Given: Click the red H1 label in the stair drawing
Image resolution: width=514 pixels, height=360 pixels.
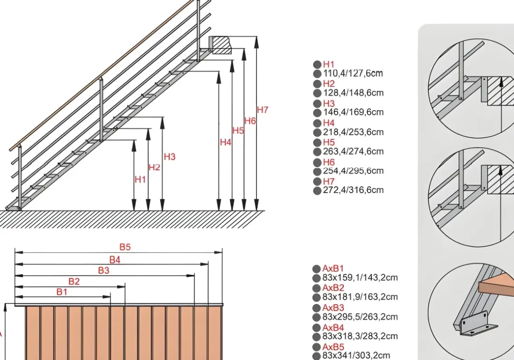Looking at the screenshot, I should pyautogui.click(x=140, y=180).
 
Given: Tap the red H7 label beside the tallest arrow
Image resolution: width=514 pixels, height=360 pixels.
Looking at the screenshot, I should pyautogui.click(x=263, y=110).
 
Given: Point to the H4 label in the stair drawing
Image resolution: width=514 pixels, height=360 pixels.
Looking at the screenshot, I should pyautogui.click(x=225, y=143).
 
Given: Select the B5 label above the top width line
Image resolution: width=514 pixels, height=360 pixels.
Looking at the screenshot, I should pyautogui.click(x=125, y=247).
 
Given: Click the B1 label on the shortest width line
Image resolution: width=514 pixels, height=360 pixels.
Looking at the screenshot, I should pyautogui.click(x=62, y=292).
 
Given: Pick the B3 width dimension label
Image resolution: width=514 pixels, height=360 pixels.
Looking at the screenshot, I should pyautogui.click(x=104, y=271).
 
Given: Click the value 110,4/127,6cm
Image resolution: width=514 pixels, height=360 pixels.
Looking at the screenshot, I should pyautogui.click(x=353, y=73).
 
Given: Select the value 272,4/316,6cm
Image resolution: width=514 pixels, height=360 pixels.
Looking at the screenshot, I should pyautogui.click(x=353, y=190).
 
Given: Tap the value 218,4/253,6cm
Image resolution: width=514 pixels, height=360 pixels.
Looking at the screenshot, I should pyautogui.click(x=353, y=132).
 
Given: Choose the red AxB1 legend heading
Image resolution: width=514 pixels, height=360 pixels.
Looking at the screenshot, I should pyautogui.click(x=333, y=268).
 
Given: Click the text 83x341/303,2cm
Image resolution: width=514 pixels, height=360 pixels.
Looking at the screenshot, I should pyautogui.click(x=356, y=355).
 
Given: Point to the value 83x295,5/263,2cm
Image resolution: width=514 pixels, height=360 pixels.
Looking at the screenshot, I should pyautogui.click(x=360, y=317).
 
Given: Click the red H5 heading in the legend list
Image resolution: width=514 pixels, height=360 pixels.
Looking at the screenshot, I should pyautogui.click(x=329, y=142).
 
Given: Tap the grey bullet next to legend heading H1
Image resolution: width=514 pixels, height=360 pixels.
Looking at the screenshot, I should pyautogui.click(x=317, y=65).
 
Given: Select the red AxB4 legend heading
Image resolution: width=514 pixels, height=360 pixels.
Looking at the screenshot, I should pyautogui.click(x=333, y=327).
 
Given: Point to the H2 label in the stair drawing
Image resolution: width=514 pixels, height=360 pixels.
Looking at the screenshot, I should pyautogui.click(x=154, y=167).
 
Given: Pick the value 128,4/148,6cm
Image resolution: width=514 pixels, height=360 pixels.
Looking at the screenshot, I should pyautogui.click(x=353, y=93).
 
